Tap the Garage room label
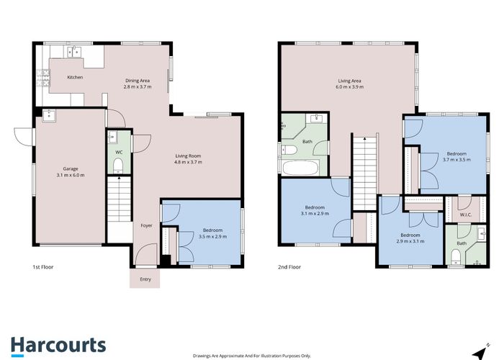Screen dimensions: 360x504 click(x=70, y=168)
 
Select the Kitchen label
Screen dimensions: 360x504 click(x=75, y=77)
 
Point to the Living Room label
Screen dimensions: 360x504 click(x=189, y=156)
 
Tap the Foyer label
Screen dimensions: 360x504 click(x=146, y=225)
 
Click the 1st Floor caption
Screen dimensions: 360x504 click(x=43, y=267)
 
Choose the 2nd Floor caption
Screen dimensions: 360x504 click(x=289, y=267)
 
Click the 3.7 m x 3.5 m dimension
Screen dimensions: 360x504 click(x=456, y=160)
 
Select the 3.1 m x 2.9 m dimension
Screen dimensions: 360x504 click(x=315, y=213)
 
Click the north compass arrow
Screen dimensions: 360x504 click(x=476, y=352)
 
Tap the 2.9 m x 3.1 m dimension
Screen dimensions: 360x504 click(x=410, y=241)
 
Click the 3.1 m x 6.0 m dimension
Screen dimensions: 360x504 click(x=70, y=175)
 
